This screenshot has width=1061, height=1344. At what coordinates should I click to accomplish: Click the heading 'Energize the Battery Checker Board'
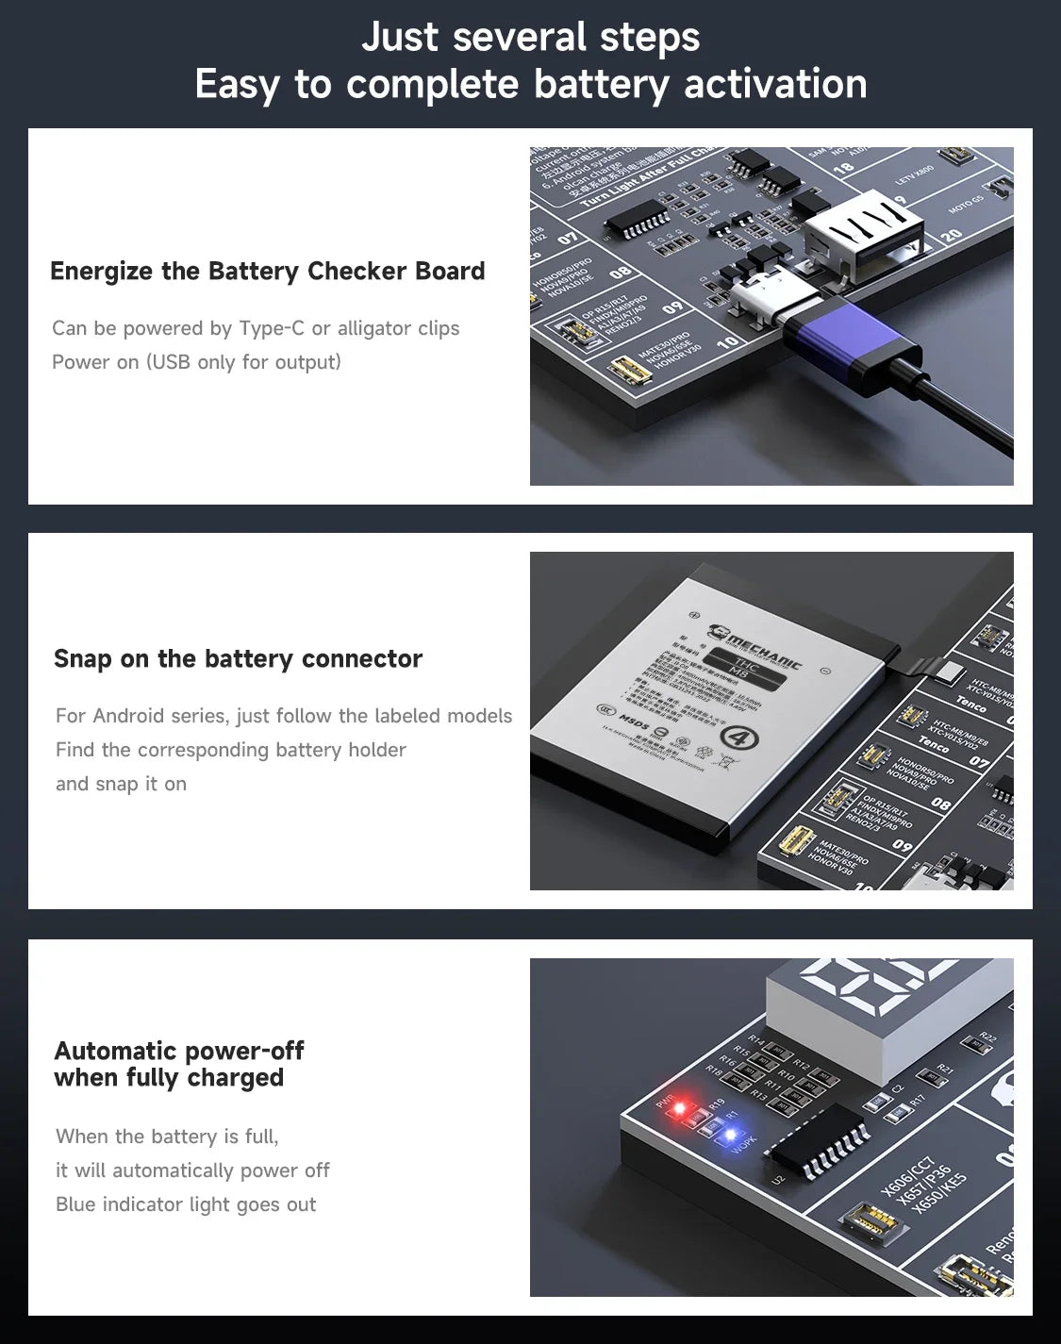[x=267, y=272]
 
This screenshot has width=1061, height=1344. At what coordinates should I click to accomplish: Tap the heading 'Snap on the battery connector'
[x=238, y=658]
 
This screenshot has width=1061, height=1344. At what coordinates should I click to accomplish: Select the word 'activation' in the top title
[x=775, y=84]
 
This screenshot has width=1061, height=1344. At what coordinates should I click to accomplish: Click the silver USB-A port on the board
[x=863, y=231]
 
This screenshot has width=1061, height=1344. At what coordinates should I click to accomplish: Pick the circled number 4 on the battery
[x=739, y=737]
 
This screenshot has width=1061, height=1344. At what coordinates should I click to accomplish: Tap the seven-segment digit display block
[x=887, y=1014]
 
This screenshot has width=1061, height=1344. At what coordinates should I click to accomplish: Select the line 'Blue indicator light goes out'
[x=186, y=1204]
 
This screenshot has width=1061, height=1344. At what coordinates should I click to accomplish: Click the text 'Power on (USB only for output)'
[x=196, y=362]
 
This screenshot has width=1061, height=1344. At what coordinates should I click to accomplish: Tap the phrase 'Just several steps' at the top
[x=530, y=38]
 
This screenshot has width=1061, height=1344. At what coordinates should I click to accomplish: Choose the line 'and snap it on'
[x=121, y=784]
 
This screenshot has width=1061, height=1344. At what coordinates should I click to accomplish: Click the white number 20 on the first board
[x=952, y=233]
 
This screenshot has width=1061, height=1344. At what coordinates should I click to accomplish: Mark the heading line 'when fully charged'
[x=169, y=1078]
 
